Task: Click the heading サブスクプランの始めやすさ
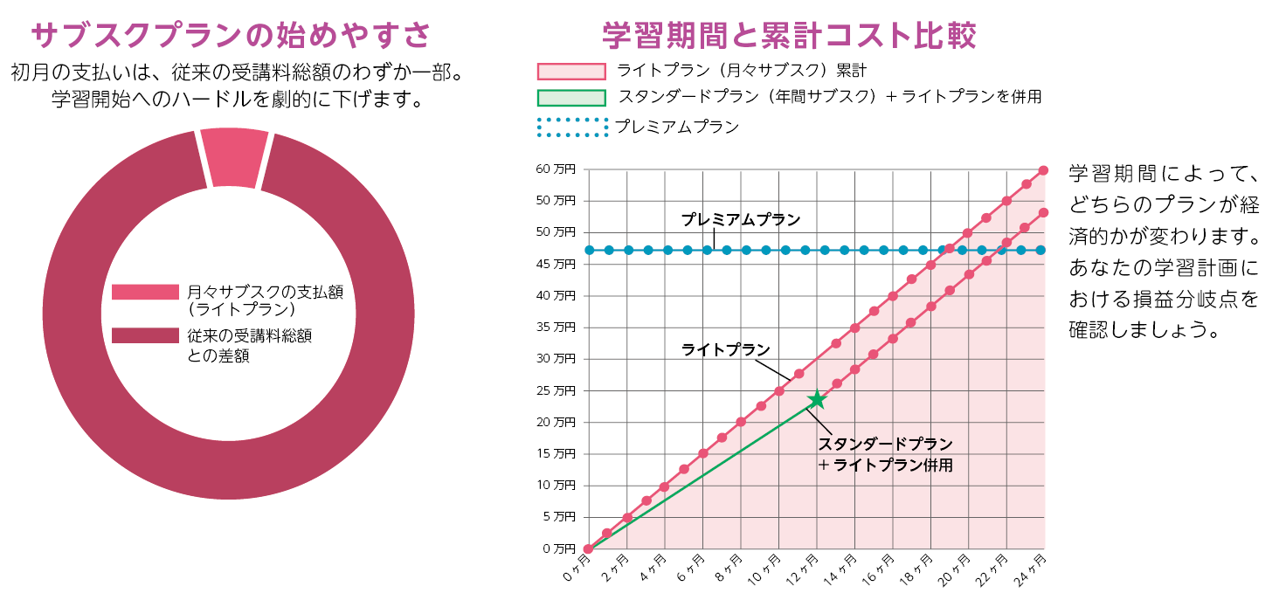point(232,36)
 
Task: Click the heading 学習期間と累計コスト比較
point(789,36)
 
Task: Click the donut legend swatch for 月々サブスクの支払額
point(144,292)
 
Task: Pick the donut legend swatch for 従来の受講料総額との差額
point(144,336)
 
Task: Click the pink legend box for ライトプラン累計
point(571,72)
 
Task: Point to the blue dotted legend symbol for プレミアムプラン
point(571,128)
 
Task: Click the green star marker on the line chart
point(817,400)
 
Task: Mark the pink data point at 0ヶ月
point(589,549)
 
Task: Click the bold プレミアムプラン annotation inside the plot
point(741,220)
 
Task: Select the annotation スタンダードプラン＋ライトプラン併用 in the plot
point(884,454)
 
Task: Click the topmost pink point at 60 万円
point(1044,170)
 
